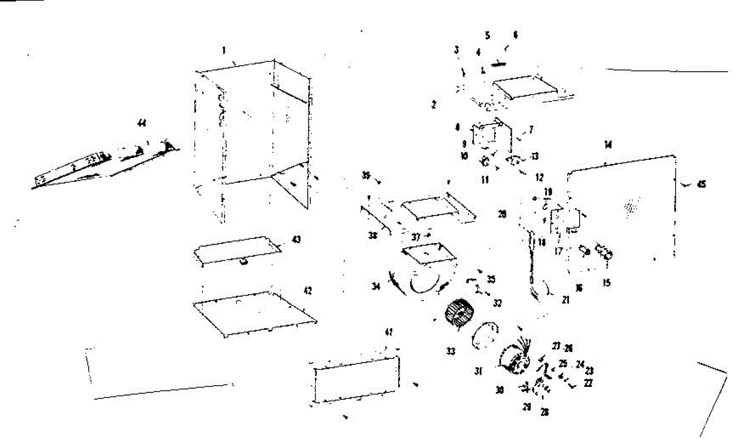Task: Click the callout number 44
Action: [142, 124]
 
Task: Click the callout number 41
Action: [388, 332]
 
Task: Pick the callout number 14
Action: [607, 145]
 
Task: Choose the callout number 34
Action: [376, 286]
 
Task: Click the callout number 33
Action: [450, 351]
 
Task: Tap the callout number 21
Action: [565, 300]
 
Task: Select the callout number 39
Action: [366, 176]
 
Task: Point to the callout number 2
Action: [433, 105]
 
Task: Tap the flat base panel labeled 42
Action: [254, 312]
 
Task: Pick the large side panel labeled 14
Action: [624, 208]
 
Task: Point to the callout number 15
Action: [606, 283]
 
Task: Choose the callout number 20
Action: [502, 215]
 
